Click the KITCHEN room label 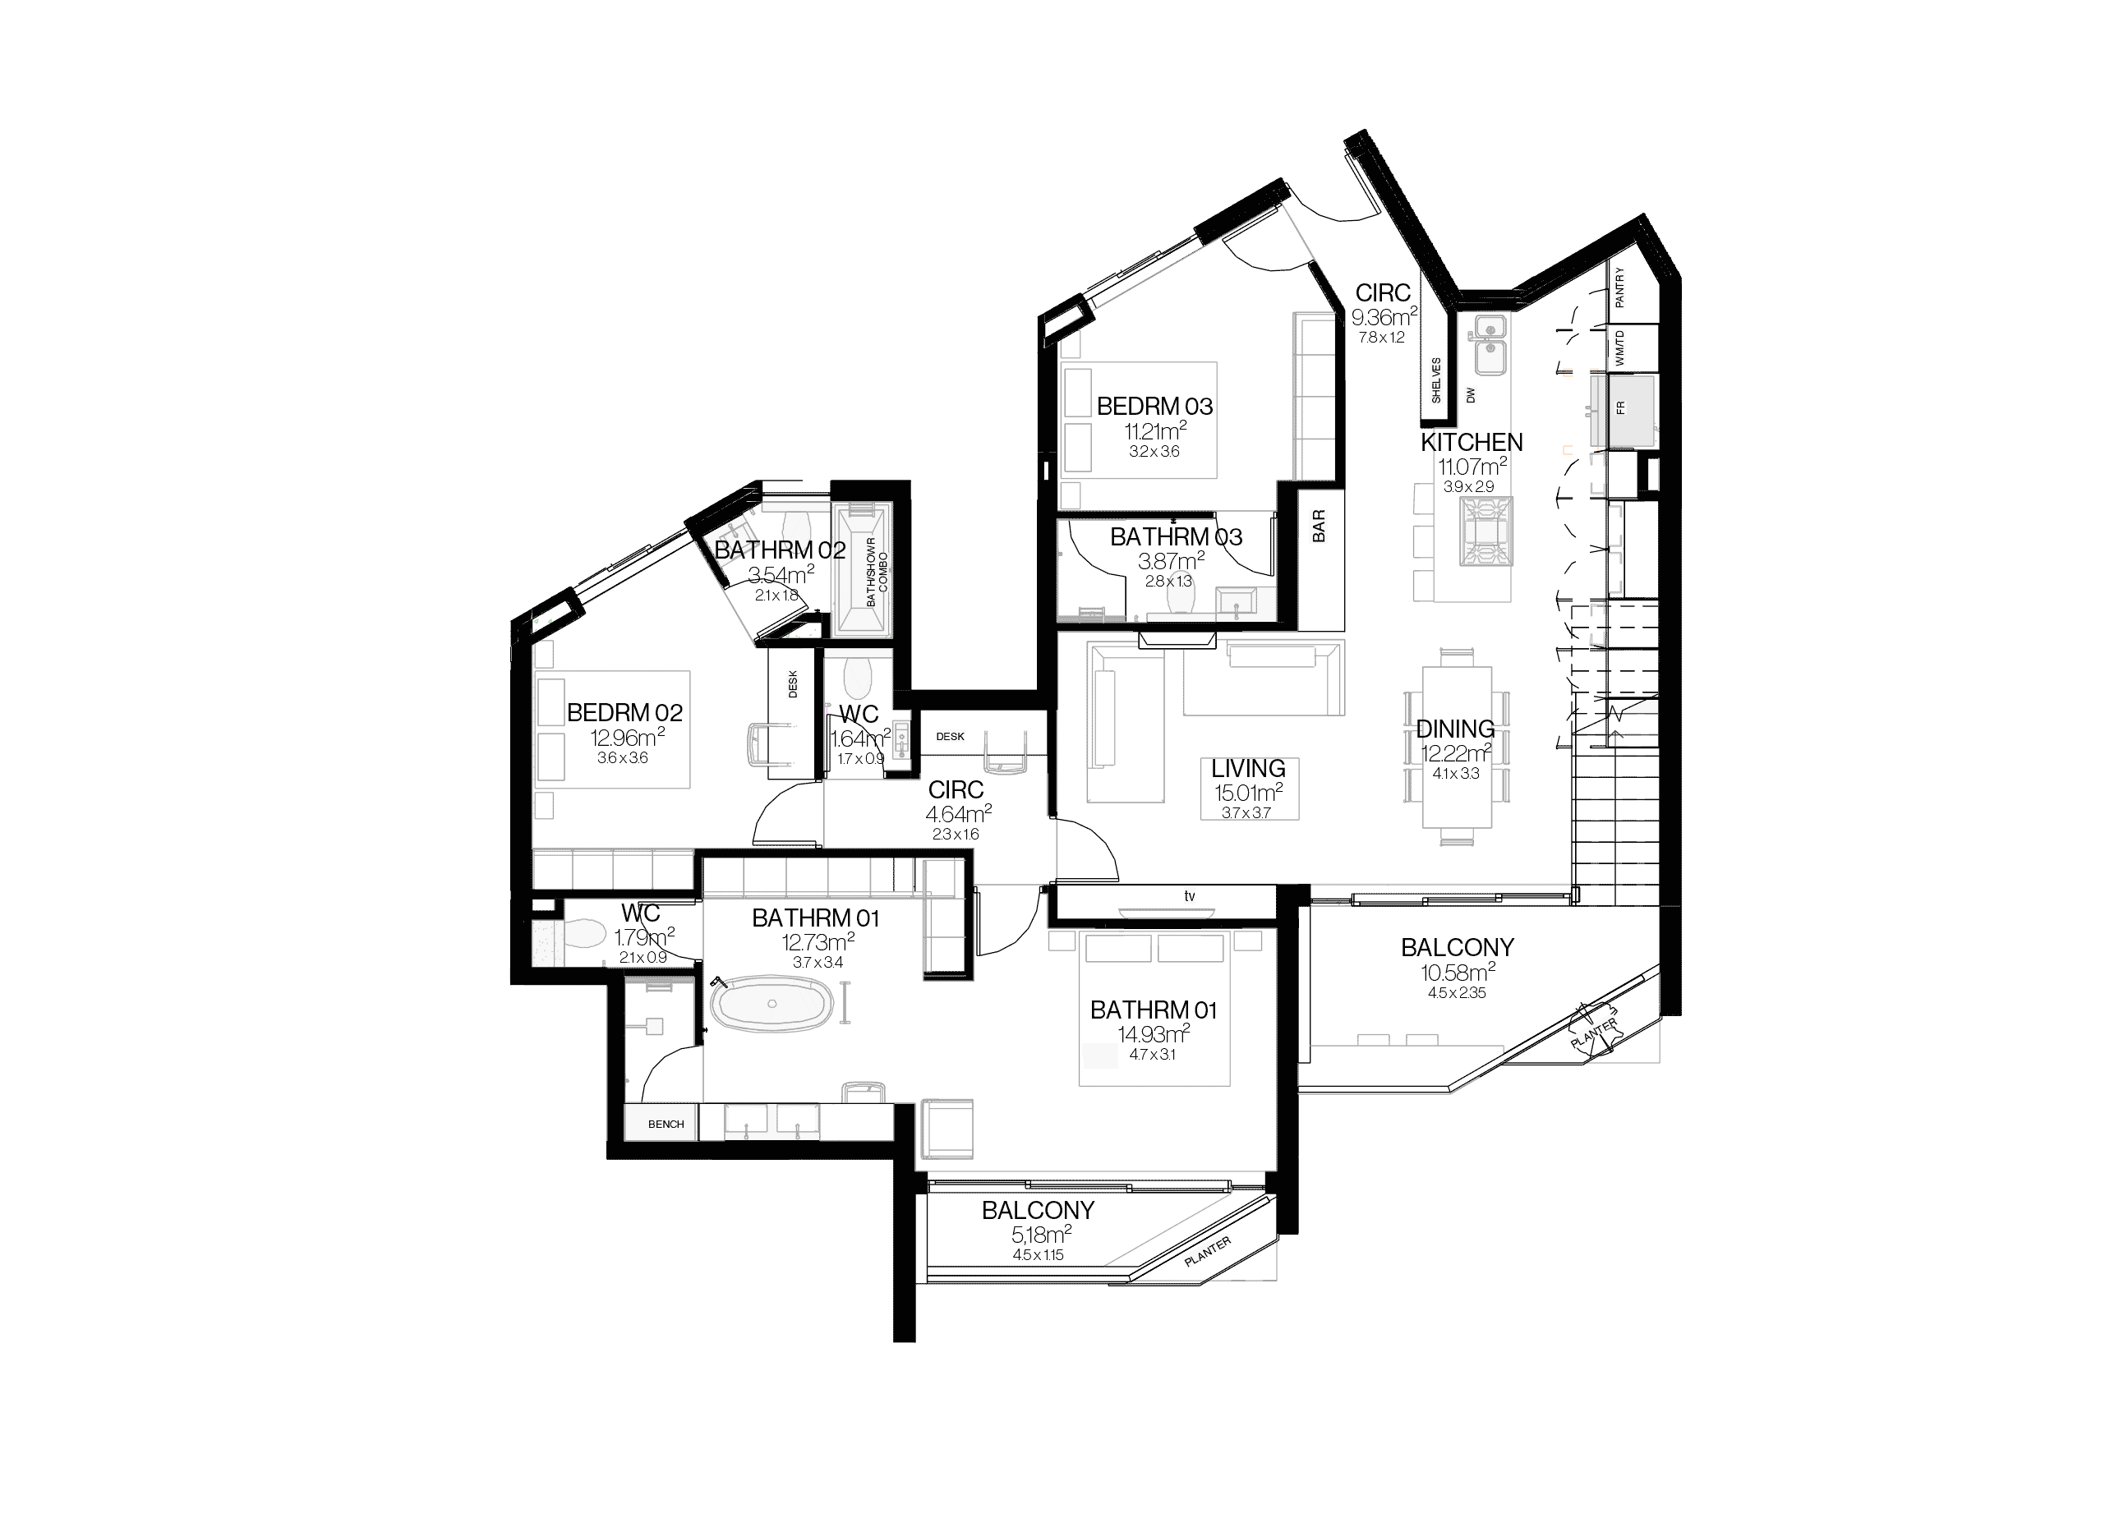coord(1472,442)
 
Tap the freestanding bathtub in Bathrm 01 coord(772,1005)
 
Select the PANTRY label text coord(1619,287)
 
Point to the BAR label coord(1319,526)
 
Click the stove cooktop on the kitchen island coord(1485,531)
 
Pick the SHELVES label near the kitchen coord(1436,379)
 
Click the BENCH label coord(666,1125)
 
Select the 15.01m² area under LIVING coord(1248,793)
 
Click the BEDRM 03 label coord(1154,407)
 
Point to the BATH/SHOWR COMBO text coord(877,571)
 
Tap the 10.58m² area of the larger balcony coord(1457,973)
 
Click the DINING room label coord(1455,728)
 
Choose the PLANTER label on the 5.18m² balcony coord(1207,1252)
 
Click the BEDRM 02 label coord(624,713)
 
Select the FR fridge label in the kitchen coord(1620,407)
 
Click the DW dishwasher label coord(1471,395)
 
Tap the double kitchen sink coord(1490,343)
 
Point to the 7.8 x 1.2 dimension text coord(1382,338)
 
